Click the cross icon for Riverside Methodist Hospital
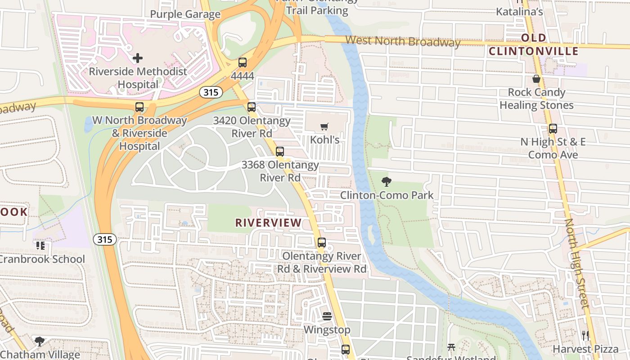[138, 58]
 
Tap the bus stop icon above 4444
[243, 63]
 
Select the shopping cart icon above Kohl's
[324, 127]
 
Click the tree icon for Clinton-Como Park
[386, 182]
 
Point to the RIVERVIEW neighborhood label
[268, 223]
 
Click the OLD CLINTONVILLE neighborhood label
[534, 45]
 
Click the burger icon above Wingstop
[327, 316]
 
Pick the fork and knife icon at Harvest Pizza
[585, 335]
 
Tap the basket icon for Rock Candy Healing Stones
[536, 79]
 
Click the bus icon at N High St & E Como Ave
[553, 129]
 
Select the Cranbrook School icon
[40, 246]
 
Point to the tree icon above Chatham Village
[40, 341]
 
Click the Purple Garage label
[185, 14]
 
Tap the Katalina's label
[519, 12]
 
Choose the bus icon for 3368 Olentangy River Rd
[280, 152]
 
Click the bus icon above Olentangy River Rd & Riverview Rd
[322, 243]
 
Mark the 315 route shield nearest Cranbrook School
[104, 239]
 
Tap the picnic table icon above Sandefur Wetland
[451, 347]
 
